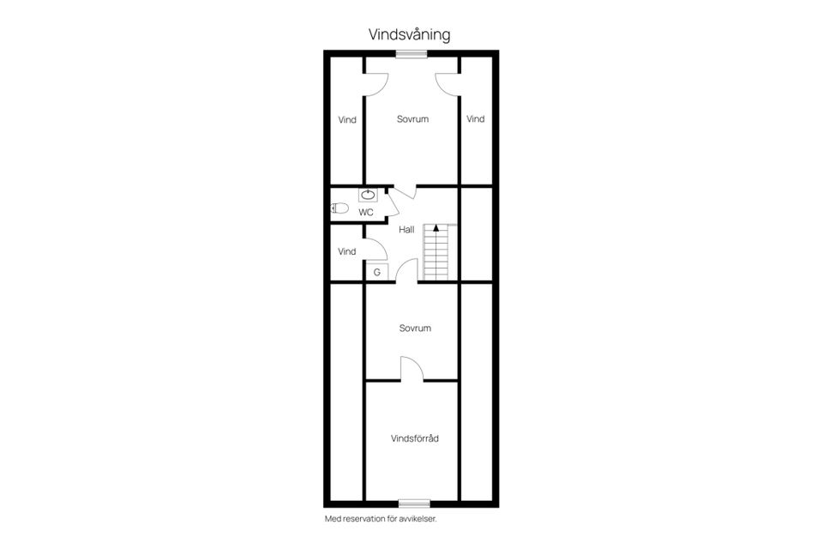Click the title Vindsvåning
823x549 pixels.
410,34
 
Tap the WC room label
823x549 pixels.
366,212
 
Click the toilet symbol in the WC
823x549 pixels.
339,208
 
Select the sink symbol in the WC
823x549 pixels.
368,195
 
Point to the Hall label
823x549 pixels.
406,230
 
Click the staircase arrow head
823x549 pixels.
436,228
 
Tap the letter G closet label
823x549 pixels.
377,272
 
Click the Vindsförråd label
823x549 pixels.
415,438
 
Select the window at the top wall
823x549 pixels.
411,53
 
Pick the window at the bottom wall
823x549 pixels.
415,504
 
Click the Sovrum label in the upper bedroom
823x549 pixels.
412,119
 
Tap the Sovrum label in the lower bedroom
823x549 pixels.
415,329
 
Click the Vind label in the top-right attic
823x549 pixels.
476,119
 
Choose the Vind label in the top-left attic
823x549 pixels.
347,120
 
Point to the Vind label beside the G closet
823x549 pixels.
347,251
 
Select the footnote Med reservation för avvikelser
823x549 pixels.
381,519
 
